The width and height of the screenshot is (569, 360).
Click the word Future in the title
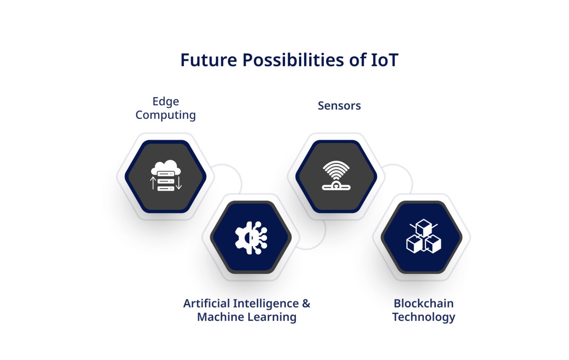[209, 60]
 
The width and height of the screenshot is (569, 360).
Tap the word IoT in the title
[385, 60]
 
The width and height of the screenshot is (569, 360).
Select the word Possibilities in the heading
[293, 60]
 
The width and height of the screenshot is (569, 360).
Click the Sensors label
[339, 106]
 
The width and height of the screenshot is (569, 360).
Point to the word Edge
[166, 102]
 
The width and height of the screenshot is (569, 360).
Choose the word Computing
[166, 115]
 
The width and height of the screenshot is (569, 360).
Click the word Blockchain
[423, 304]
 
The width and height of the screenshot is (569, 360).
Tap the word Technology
[423, 317]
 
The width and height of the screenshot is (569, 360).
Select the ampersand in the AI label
[306, 304]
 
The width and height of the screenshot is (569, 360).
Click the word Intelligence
[266, 304]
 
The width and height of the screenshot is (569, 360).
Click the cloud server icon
[166, 176]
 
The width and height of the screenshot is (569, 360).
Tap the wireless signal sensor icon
[336, 176]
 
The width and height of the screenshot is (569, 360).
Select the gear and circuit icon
[251, 238]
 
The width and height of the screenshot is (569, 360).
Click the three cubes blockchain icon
[423, 237]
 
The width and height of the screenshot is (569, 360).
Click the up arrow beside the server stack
[153, 183]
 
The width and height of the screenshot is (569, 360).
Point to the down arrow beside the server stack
[179, 183]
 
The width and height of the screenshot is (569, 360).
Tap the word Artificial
[207, 304]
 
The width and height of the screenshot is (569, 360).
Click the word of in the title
[357, 60]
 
